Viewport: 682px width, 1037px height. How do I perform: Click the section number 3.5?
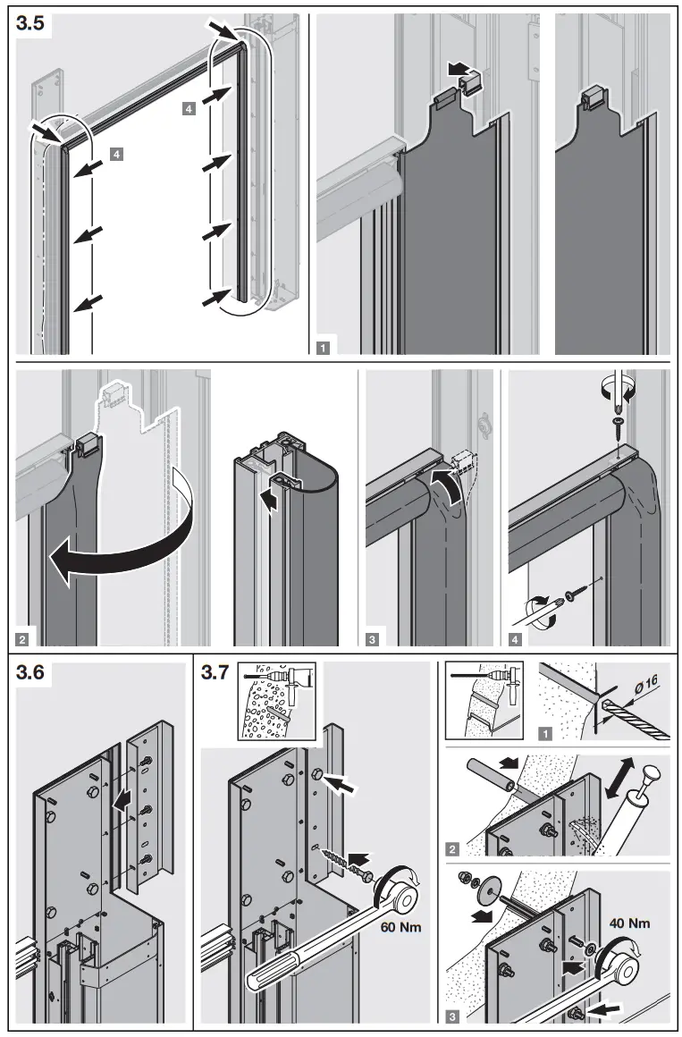pos(30,25)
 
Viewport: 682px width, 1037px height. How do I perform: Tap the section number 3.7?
pos(215,673)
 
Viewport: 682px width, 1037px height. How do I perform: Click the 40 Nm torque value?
pos(629,922)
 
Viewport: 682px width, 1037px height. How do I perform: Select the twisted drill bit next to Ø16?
pos(636,721)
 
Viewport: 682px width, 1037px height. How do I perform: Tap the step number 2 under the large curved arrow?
pos(21,638)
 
